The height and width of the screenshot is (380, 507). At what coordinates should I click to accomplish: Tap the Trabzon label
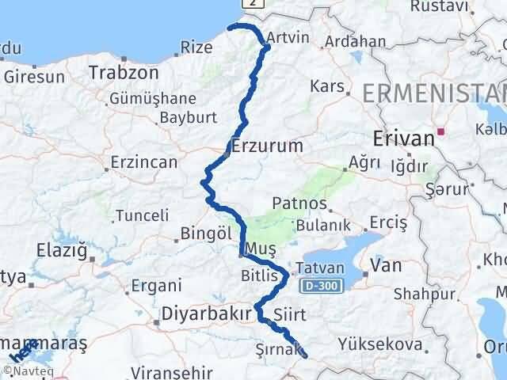(x=124, y=72)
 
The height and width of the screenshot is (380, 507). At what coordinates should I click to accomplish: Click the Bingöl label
(x=205, y=234)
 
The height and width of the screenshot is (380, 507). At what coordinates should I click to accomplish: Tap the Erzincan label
(x=143, y=161)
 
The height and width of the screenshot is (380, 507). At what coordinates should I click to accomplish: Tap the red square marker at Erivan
(x=440, y=132)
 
